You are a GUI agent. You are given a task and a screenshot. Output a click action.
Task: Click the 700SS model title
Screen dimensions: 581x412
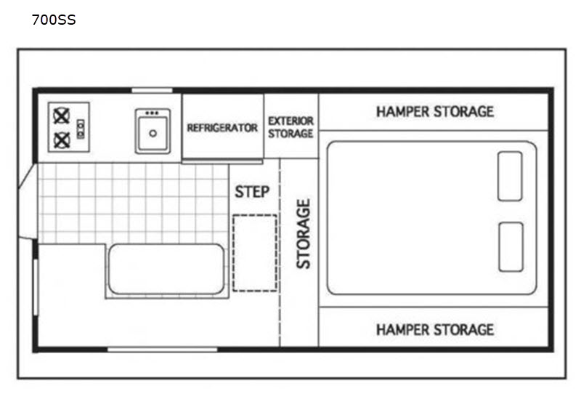point(54,20)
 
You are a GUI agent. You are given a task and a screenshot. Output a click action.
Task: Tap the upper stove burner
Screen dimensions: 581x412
point(62,116)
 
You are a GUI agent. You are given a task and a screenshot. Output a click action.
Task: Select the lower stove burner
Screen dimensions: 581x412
point(62,140)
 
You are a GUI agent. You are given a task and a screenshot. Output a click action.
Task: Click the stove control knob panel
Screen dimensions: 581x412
point(81,129)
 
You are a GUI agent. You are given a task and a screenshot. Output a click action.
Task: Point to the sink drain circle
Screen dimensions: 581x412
point(153,134)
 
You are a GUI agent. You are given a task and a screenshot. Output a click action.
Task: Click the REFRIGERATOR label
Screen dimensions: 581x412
point(222,128)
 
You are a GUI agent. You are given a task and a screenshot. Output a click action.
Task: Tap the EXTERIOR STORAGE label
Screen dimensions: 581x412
point(291,127)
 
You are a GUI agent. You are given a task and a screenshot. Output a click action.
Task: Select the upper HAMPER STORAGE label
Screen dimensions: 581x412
point(435,112)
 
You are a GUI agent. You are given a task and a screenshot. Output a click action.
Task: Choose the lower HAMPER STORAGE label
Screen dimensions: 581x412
point(435,330)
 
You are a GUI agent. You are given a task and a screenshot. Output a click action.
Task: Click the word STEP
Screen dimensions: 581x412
point(252,192)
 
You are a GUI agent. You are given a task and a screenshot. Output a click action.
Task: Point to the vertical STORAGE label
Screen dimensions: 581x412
point(303,234)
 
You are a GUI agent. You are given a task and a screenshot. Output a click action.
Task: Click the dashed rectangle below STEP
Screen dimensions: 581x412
point(255,253)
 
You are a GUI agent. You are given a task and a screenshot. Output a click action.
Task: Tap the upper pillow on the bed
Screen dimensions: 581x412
point(511,176)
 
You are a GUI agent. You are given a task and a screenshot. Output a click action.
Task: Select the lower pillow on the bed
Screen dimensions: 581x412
point(511,247)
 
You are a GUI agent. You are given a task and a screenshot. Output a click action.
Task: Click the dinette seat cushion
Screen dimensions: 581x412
point(166,270)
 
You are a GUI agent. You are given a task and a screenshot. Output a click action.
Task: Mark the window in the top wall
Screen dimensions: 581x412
point(152,91)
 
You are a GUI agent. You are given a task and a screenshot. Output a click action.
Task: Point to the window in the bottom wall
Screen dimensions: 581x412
point(162,350)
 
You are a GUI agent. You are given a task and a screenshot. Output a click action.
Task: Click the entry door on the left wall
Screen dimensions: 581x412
point(28,201)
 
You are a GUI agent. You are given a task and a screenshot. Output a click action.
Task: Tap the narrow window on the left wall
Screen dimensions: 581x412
point(36,288)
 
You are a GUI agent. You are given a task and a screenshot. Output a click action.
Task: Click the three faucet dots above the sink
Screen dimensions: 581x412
point(152,113)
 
